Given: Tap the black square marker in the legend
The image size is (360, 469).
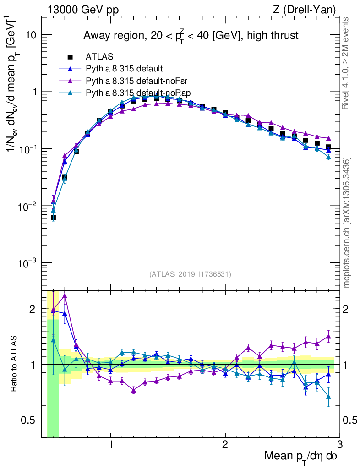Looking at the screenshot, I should click(70, 57).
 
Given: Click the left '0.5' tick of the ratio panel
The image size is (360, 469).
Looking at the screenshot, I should click(28, 420).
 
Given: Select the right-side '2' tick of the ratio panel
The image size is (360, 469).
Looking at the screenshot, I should click(349, 309).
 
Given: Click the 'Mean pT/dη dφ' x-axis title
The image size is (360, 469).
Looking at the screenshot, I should click(301, 457).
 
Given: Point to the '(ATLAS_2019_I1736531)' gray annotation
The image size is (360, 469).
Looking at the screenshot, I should click(190, 274).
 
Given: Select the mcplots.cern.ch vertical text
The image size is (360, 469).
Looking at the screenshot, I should click(347, 223).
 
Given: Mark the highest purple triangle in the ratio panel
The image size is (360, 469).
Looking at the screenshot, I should click(65, 296).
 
